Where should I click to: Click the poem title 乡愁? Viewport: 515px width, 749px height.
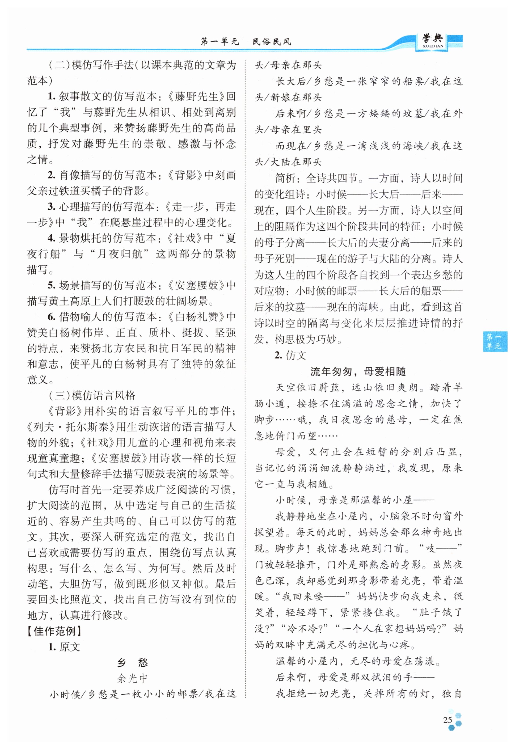(132, 663)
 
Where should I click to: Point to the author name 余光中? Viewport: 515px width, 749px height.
(132, 678)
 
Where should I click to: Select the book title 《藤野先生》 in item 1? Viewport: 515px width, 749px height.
(196, 96)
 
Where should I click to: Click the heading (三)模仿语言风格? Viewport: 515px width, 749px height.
(92, 395)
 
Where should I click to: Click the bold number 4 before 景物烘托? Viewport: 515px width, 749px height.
(51, 238)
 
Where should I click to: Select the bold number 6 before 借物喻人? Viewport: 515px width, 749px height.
(51, 317)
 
